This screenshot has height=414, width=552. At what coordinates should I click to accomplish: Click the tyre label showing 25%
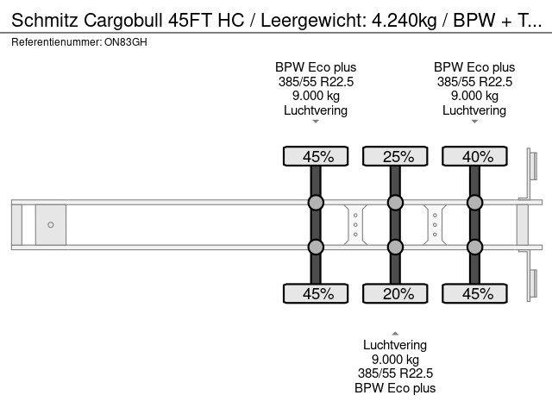[395, 156]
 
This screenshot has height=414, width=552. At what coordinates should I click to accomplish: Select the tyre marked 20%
[395, 294]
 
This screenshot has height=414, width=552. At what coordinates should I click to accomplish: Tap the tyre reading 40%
[474, 156]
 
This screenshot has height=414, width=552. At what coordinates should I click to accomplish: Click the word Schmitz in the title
[44, 22]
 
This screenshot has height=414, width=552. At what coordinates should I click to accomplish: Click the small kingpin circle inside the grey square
[51, 225]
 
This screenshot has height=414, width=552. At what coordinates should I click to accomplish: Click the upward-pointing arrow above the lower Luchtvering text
[395, 333]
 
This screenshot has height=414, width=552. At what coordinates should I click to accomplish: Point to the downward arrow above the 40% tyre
[474, 122]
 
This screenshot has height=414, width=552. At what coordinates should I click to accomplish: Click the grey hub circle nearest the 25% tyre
[395, 204]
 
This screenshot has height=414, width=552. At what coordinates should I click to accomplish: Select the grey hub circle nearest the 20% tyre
[395, 248]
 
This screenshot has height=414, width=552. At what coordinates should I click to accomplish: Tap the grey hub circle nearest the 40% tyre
[474, 204]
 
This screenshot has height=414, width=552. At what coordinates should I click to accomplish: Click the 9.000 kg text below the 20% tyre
[395, 360]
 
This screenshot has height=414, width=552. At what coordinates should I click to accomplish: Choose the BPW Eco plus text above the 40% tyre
[474, 67]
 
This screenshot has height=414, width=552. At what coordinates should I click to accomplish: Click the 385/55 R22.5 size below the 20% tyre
[395, 373]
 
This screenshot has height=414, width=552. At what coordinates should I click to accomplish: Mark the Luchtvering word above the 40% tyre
[474, 110]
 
